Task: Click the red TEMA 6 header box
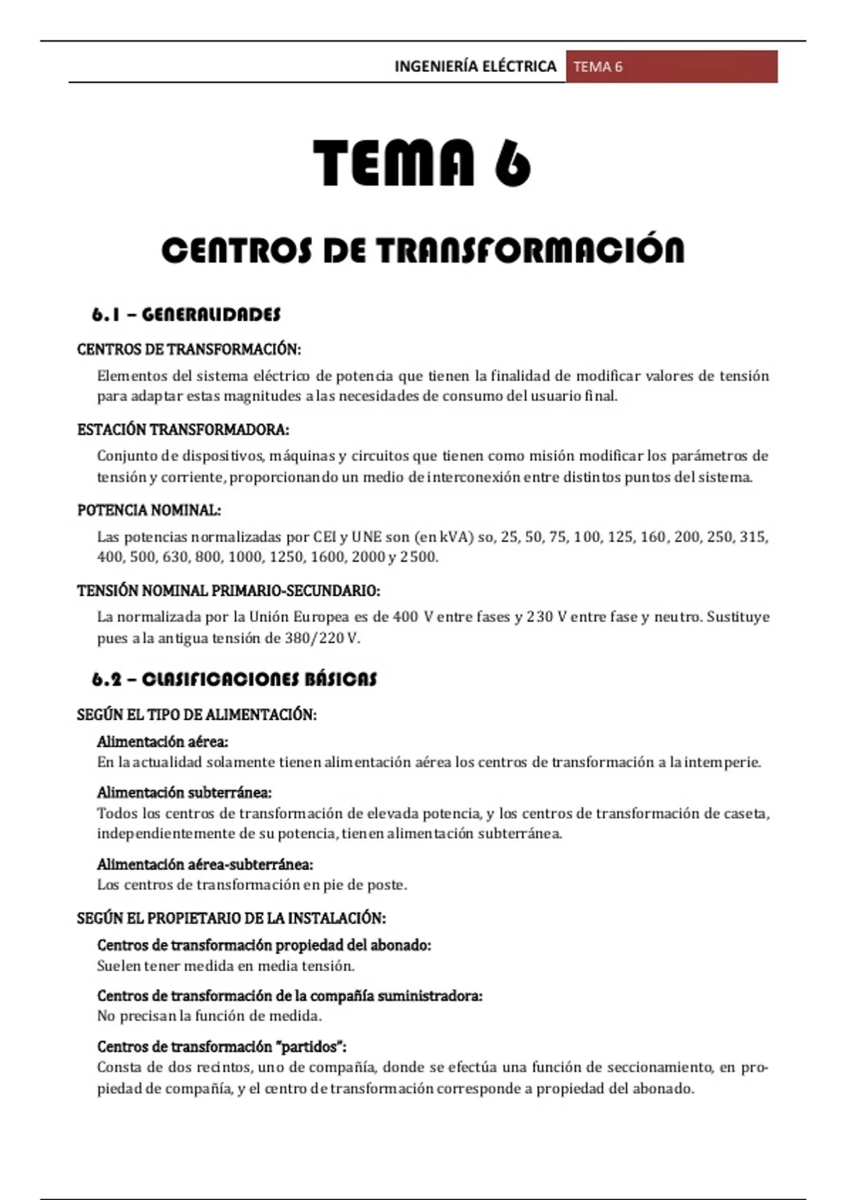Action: point(671,66)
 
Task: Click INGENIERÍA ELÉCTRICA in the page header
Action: point(475,66)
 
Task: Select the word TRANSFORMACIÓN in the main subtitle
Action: point(529,251)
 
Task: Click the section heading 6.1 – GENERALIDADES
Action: point(186,314)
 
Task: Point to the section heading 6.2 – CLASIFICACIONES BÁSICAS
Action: point(234,679)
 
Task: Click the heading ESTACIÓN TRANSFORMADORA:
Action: point(183,429)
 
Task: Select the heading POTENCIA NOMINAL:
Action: point(149,510)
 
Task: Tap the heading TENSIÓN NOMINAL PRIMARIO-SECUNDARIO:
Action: point(229,590)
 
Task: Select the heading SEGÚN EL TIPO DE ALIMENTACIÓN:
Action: point(196,714)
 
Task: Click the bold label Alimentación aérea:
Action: point(162,742)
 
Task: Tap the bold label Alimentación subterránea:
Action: point(184,793)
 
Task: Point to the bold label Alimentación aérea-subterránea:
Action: point(205,864)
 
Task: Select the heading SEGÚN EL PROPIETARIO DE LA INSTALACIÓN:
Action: point(231,918)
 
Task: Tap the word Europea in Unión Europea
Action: point(321,617)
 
